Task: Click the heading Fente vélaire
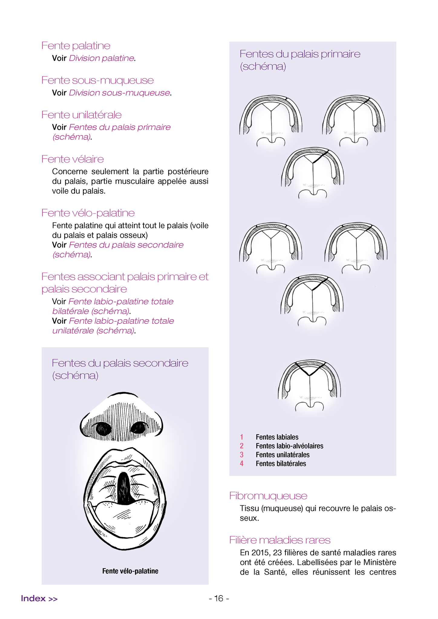(73, 159)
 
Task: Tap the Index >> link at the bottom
(39, 598)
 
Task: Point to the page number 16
(219, 598)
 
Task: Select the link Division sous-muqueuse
(119, 93)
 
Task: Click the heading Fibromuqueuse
(268, 496)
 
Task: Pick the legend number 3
(242, 455)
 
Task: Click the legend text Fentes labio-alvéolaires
(289, 446)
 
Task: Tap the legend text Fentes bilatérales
(281, 463)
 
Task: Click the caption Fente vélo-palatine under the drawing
(130, 571)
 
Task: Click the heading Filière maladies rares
(279, 540)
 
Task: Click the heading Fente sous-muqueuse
(97, 80)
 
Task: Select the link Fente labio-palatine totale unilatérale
(113, 326)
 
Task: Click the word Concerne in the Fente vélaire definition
(70, 171)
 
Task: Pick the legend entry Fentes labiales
(277, 437)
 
